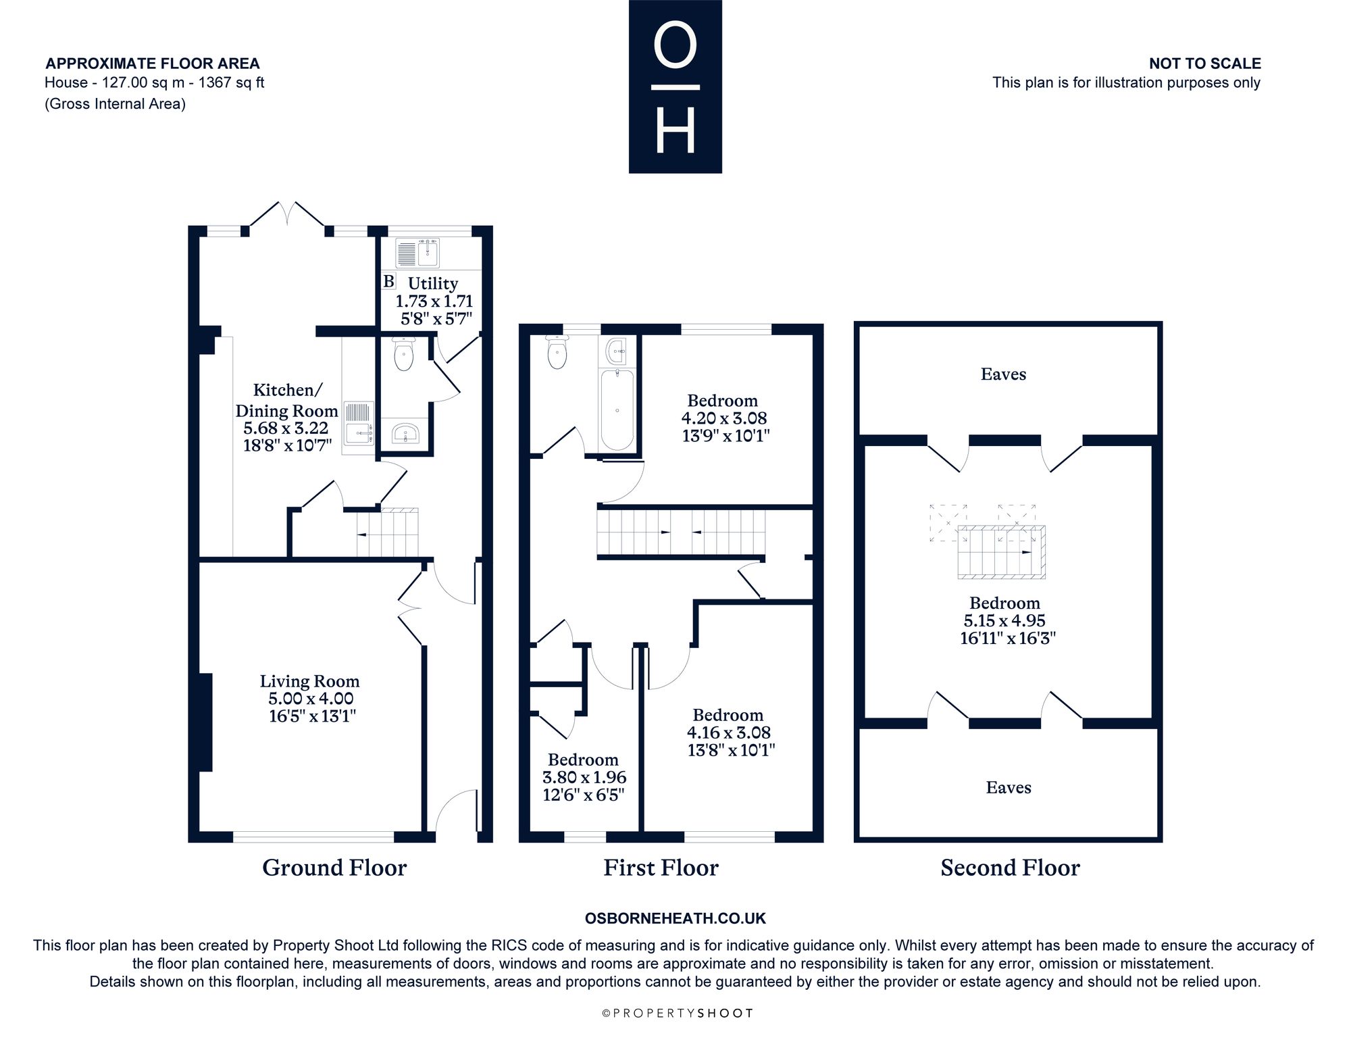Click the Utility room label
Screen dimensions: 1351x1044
(433, 284)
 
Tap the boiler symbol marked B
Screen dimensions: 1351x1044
(389, 281)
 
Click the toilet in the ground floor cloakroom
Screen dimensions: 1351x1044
(403, 353)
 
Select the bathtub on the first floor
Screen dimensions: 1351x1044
(617, 409)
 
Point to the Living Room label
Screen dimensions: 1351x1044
(310, 681)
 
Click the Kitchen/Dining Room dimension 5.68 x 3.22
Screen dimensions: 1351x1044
(286, 428)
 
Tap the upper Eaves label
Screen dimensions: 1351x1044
(1003, 374)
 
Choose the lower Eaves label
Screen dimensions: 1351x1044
(1009, 787)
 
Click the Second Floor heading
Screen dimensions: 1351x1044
(1011, 868)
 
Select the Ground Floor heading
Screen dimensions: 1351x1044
(334, 868)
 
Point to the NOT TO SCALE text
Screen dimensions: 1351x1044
(1205, 64)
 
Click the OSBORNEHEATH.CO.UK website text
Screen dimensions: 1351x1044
(675, 918)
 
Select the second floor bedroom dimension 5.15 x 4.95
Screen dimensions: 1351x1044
(1004, 620)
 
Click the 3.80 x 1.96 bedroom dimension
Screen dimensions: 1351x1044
(584, 777)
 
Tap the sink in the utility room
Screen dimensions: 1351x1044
(417, 253)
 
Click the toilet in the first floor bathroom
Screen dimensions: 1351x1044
(557, 351)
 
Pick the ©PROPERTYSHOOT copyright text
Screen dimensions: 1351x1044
(677, 1013)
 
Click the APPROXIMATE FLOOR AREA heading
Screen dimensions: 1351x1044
(153, 64)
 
